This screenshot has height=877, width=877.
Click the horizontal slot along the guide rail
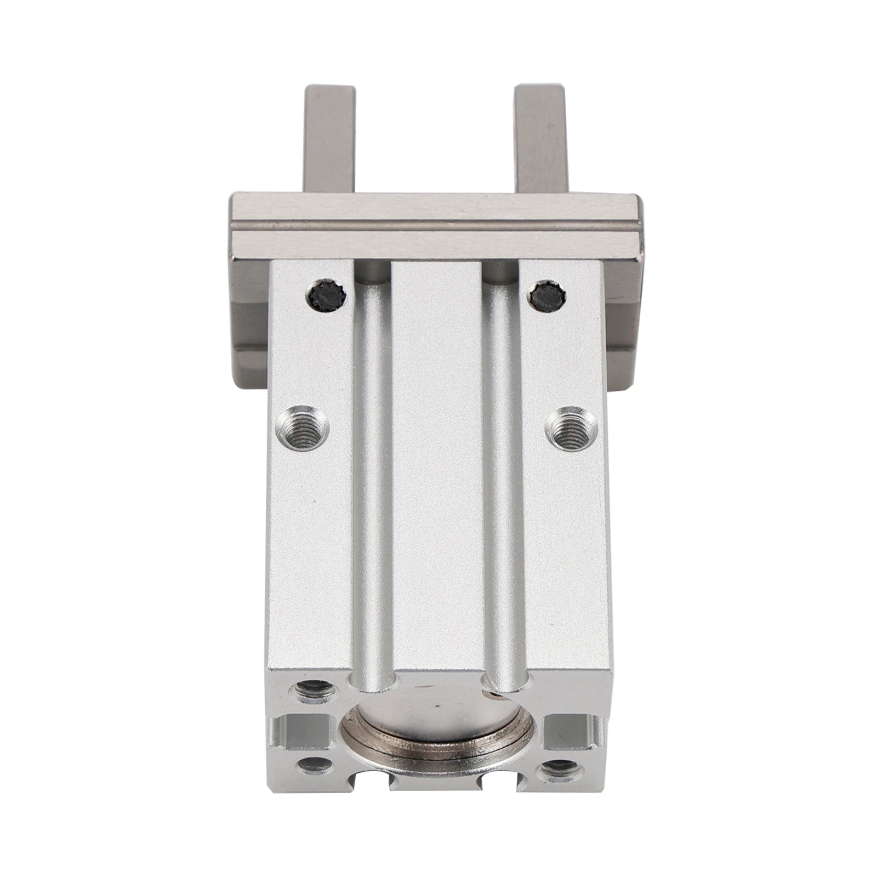[436, 227]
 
